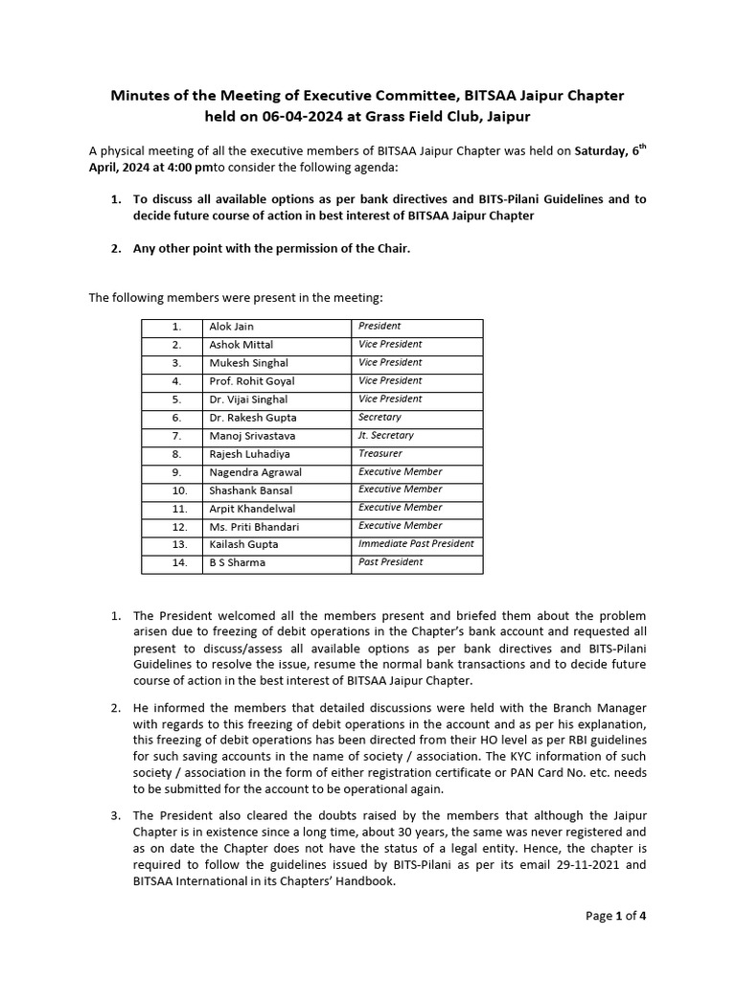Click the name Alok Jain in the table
pyautogui.click(x=231, y=327)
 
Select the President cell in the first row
pyautogui.click(x=379, y=326)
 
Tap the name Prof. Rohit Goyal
pyautogui.click(x=252, y=381)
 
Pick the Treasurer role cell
pyautogui.click(x=380, y=454)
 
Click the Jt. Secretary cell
pyautogui.click(x=385, y=436)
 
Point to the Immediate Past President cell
pyautogui.click(x=416, y=544)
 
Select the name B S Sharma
pyautogui.click(x=238, y=563)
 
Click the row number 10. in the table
pyautogui.click(x=177, y=490)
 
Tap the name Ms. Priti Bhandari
pyautogui.click(x=254, y=527)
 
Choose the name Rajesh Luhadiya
pyautogui.click(x=249, y=454)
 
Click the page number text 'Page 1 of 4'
pyautogui.click(x=616, y=916)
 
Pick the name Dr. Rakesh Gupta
pyautogui.click(x=253, y=418)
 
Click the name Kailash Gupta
pyautogui.click(x=243, y=545)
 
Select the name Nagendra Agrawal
pyautogui.click(x=255, y=472)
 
